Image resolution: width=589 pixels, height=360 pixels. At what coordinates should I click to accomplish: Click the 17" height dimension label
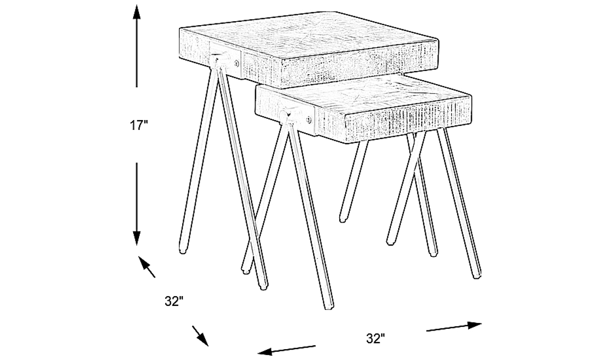point(139,125)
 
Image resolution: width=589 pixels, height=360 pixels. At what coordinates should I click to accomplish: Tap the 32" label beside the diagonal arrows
point(173,301)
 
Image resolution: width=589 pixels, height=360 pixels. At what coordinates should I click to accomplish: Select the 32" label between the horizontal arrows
point(376,339)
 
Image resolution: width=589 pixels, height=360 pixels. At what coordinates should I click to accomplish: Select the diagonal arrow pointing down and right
point(200,337)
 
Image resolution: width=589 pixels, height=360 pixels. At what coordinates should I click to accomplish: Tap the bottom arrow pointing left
point(286,349)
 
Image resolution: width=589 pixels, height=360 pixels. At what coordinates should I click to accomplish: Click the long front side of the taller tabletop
point(338,63)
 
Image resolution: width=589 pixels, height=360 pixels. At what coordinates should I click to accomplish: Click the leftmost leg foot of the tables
point(182,250)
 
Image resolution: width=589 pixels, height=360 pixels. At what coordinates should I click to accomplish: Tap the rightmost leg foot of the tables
point(478,274)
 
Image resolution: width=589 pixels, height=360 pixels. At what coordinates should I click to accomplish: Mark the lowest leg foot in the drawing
point(328,306)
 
